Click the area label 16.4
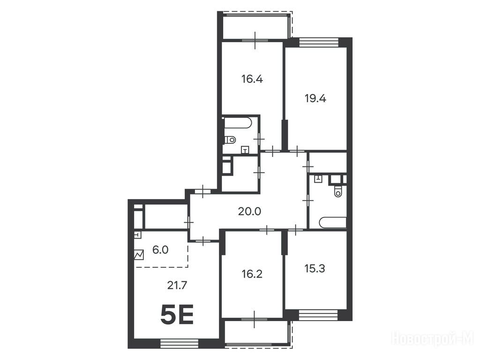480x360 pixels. pyautogui.click(x=252, y=79)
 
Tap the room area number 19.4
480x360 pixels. pyautogui.click(x=315, y=98)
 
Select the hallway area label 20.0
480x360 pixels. pyautogui.click(x=249, y=211)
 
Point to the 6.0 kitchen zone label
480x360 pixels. pyautogui.click(x=160, y=250)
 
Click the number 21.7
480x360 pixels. pyautogui.click(x=177, y=285)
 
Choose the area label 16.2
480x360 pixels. pyautogui.click(x=252, y=274)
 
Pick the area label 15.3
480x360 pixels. pyautogui.click(x=315, y=269)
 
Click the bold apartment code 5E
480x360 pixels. pyautogui.click(x=177, y=315)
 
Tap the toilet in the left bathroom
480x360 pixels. pyautogui.click(x=230, y=140)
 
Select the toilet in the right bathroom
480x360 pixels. pyautogui.click(x=338, y=192)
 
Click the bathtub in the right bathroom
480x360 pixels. pyautogui.click(x=333, y=223)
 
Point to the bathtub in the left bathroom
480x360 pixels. pyautogui.click(x=238, y=123)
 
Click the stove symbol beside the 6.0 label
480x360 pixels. pyautogui.click(x=139, y=255)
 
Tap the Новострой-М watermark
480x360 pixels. pyautogui.click(x=433, y=339)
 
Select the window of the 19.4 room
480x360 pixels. pyautogui.click(x=319, y=42)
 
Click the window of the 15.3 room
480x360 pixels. pyautogui.click(x=318, y=315)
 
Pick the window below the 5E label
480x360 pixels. pyautogui.click(x=180, y=344)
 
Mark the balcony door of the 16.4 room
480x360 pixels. pyautogui.click(x=255, y=40)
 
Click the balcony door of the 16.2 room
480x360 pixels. pyautogui.click(x=255, y=319)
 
